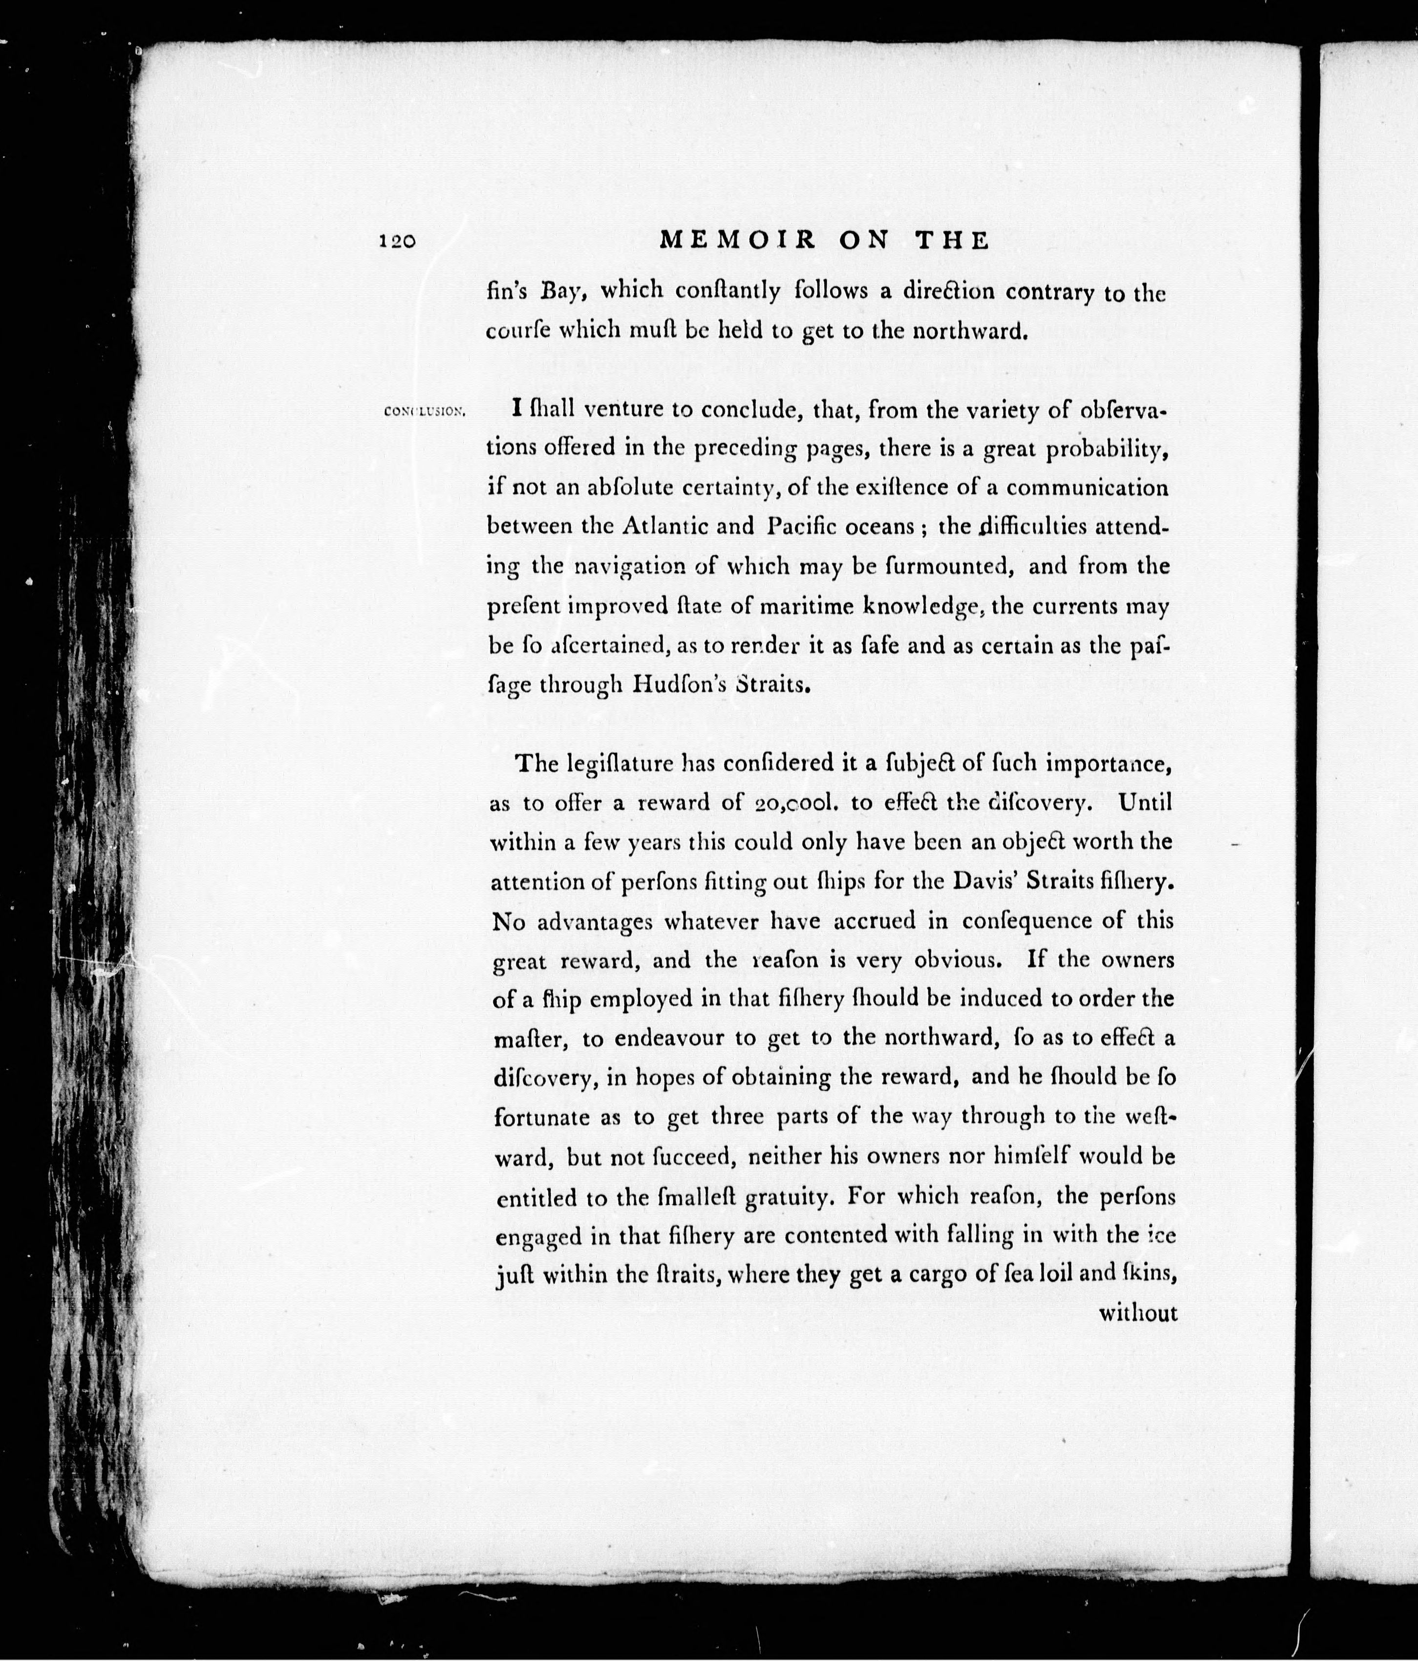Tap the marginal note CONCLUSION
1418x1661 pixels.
tap(425, 412)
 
